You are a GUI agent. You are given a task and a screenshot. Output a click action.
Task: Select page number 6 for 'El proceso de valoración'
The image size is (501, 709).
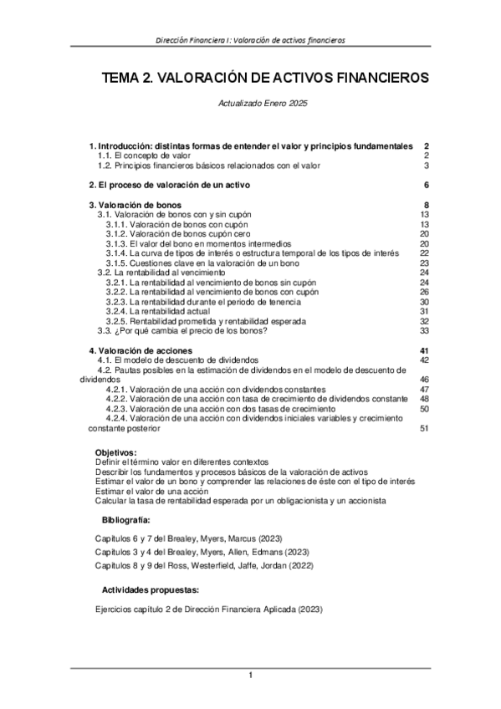click(426, 185)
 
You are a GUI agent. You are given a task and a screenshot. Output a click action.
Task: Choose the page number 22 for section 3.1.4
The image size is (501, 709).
click(424, 253)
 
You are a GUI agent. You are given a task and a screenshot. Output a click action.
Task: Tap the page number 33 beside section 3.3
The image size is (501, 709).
click(424, 330)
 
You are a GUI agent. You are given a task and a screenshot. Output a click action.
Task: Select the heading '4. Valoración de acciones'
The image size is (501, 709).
click(141, 349)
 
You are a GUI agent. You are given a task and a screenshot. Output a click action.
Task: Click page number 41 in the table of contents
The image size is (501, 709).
click(424, 349)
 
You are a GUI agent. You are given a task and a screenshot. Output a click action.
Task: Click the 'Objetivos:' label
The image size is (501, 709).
click(121, 452)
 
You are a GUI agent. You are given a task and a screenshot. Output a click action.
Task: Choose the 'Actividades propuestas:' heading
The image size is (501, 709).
click(151, 589)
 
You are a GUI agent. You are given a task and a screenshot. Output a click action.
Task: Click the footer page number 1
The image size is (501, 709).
click(250, 675)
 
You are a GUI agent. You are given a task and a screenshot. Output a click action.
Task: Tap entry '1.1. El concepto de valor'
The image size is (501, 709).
click(144, 156)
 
